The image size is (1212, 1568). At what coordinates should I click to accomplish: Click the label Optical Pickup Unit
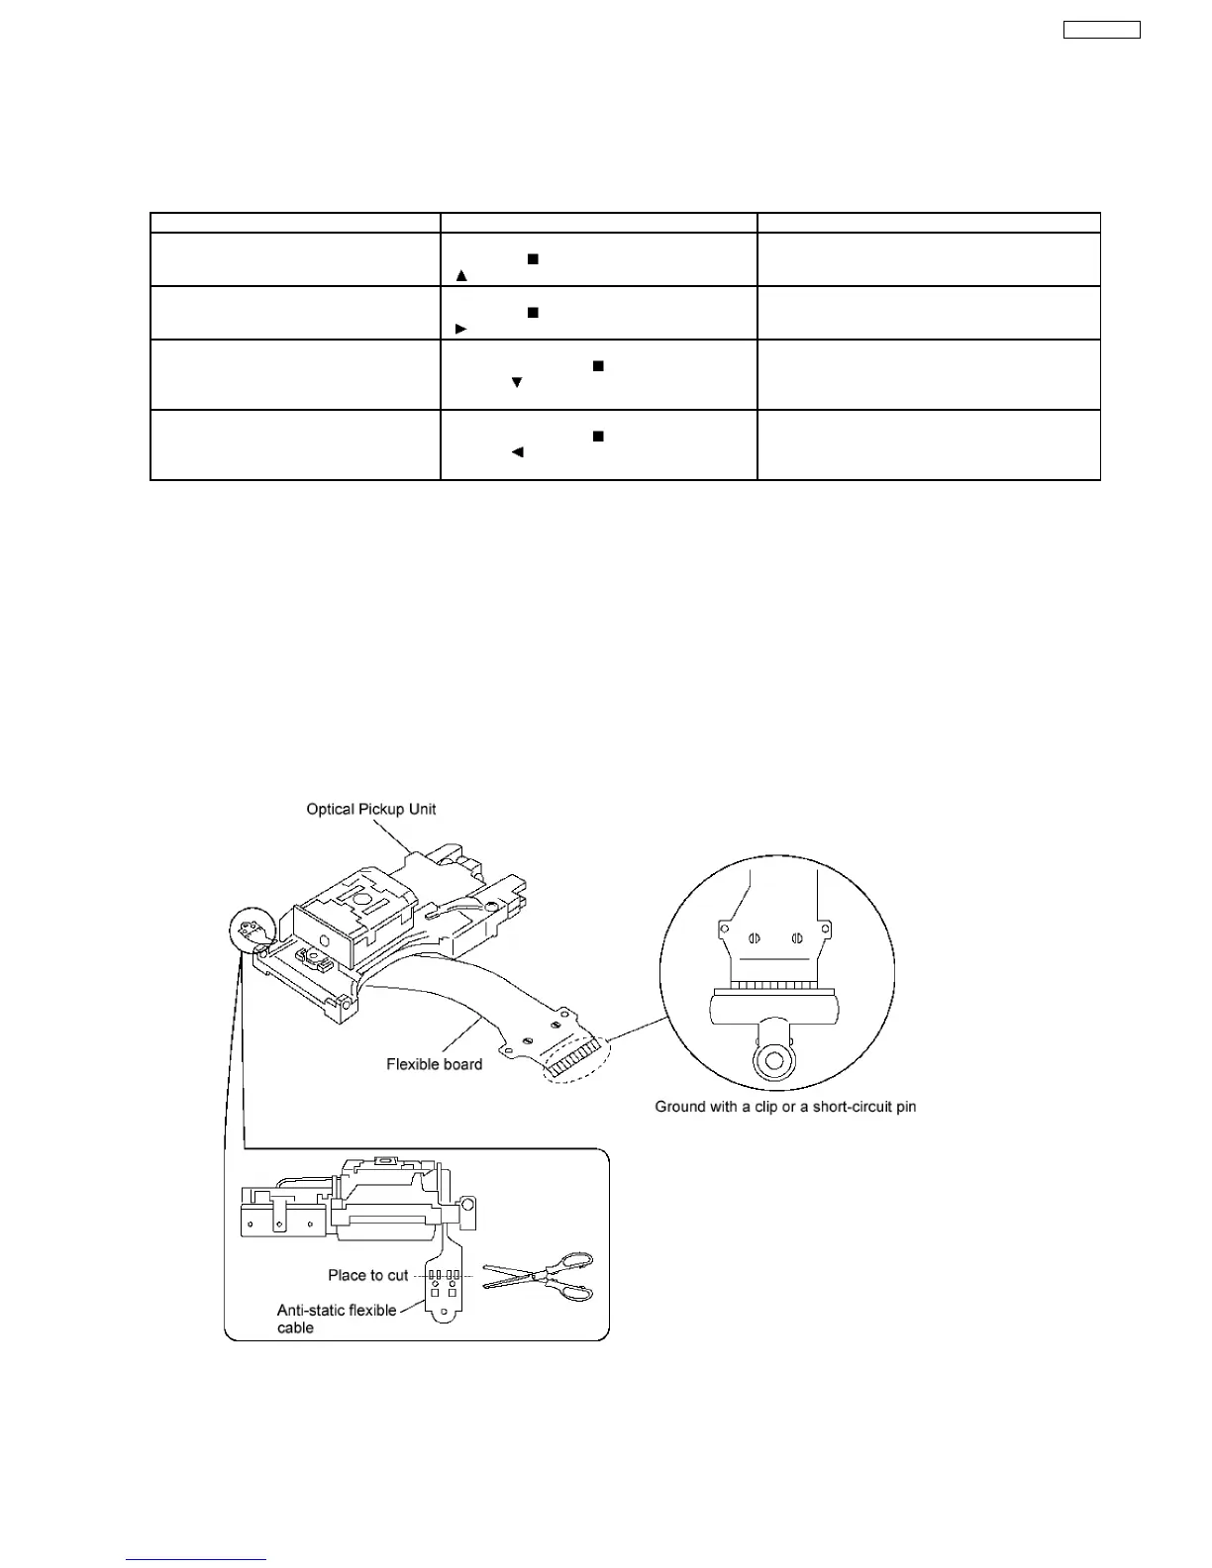point(371,810)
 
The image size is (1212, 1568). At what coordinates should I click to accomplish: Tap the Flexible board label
point(434,1065)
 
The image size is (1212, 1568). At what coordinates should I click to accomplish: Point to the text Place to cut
point(367,1275)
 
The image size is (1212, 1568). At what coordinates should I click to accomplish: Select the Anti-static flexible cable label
point(337,1319)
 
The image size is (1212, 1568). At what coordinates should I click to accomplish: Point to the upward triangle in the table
point(460,275)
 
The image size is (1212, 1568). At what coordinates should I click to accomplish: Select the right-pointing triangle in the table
point(460,328)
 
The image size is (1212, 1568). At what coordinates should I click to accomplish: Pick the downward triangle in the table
point(516,382)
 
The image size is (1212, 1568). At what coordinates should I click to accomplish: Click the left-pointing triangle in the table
point(516,452)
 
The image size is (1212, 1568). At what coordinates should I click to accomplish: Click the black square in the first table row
point(532,258)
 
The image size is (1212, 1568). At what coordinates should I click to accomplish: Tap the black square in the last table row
point(597,436)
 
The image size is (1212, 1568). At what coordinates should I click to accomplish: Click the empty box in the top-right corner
point(1101,30)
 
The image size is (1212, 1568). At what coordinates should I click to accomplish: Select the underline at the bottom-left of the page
point(196,1560)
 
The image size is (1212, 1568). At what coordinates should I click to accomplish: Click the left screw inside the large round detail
point(755,938)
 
